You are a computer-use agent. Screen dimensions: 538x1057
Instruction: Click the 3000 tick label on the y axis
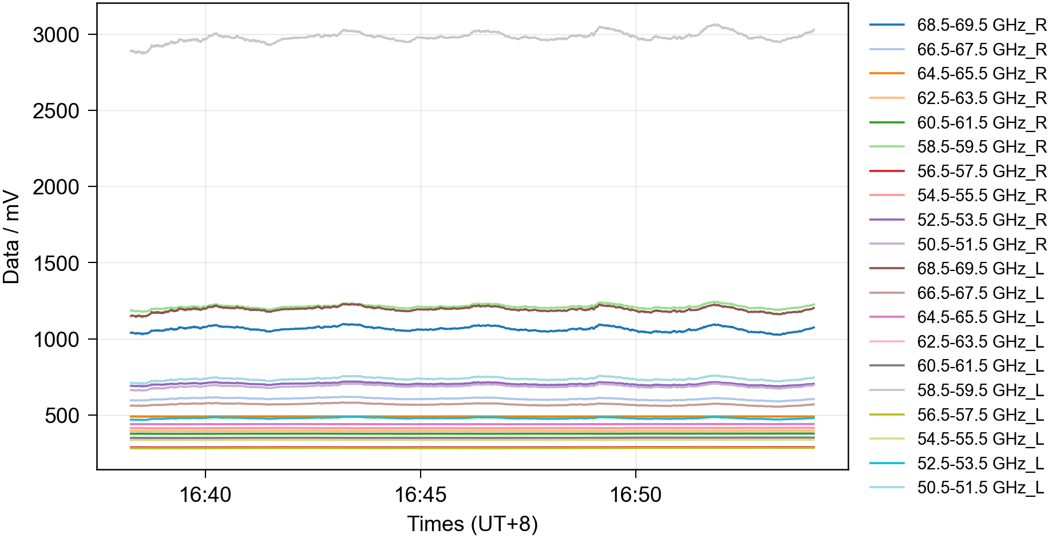coord(56,35)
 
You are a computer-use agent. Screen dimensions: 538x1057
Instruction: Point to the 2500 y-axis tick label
coord(56,111)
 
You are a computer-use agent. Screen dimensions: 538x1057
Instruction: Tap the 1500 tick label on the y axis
coord(56,264)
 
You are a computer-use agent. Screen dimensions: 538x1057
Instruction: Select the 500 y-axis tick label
coord(62,416)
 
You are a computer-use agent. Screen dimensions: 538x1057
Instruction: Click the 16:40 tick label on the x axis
coord(205,495)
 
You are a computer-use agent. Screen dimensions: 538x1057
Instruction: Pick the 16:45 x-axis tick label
coord(421,495)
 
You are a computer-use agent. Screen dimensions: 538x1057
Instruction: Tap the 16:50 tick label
coord(635,495)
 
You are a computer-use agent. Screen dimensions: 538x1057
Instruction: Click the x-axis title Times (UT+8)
coord(472,524)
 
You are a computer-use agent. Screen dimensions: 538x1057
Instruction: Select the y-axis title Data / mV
coord(11,237)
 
